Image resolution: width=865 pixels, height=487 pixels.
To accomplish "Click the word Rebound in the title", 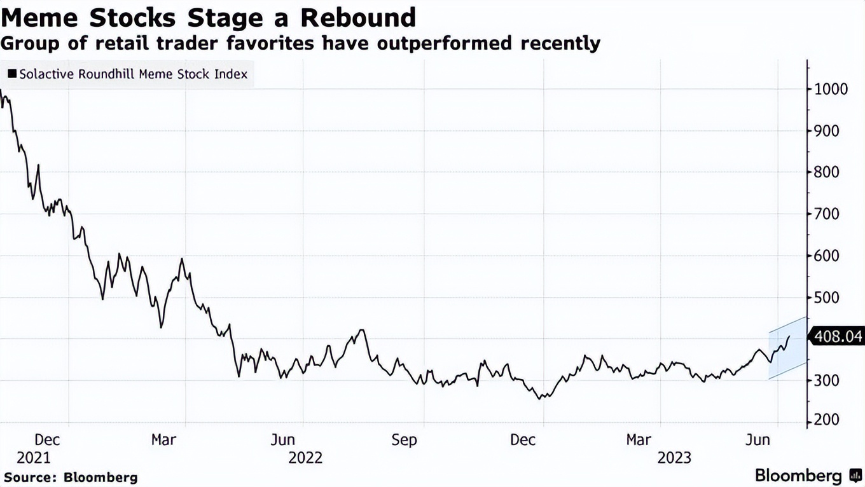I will pyautogui.click(x=358, y=17).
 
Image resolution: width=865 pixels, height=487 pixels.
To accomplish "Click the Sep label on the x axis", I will pyautogui.click(x=404, y=440).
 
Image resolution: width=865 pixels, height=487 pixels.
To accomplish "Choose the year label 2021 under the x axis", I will pyautogui.click(x=33, y=458).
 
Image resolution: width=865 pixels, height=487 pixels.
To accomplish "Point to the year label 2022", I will pyautogui.click(x=305, y=458).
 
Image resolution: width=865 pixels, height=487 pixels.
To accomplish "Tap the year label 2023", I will pyautogui.click(x=674, y=458).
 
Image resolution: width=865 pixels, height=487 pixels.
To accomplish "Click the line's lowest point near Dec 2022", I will pyautogui.click(x=541, y=399).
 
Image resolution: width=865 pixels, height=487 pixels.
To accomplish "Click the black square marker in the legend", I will pyautogui.click(x=11, y=74).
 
